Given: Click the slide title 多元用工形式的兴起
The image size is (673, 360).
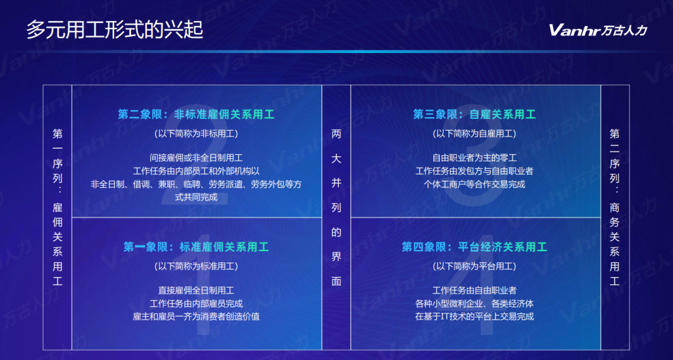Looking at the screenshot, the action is tap(115, 30).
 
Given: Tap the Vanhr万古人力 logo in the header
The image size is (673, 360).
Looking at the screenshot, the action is tap(598, 30).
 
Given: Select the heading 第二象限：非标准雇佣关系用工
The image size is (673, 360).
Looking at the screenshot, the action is tap(196, 115).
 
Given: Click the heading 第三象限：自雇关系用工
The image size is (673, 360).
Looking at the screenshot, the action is tap(474, 115).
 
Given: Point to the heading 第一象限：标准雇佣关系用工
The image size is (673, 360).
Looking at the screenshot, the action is tap(196, 247).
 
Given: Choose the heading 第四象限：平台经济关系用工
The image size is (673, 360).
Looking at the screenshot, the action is tap(474, 247).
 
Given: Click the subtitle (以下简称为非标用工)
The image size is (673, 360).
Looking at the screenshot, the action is tap(196, 133).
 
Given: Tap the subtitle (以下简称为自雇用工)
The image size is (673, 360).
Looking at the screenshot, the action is tap(474, 133).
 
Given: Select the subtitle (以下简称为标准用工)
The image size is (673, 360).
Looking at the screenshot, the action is tap(196, 266).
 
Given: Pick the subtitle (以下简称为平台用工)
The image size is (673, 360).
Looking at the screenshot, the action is tap(474, 266).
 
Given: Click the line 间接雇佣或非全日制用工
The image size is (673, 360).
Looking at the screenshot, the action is tap(196, 158).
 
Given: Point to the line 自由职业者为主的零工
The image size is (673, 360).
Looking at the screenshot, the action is tap(474, 158).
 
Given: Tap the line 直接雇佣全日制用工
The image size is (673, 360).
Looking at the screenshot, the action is tap(196, 290).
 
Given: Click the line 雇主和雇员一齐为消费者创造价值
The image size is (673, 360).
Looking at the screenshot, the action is tap(196, 317).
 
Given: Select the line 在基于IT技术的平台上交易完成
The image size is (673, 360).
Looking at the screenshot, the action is tap(474, 317).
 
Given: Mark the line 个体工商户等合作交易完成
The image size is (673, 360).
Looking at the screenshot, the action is tap(474, 184).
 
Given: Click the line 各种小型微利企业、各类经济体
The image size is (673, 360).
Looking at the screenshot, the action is tap(474, 304).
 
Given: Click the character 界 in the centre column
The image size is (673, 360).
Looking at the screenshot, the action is tap(336, 257).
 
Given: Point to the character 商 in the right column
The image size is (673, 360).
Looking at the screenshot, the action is tap(614, 207).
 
